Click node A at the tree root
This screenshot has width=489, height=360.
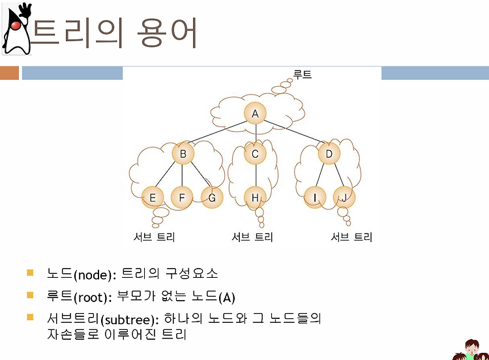pos(255,113)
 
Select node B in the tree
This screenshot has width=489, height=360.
pos(183,153)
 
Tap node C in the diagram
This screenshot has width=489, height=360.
pos(255,153)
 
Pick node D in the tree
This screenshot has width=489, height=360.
pos(329,153)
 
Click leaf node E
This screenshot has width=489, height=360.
pos(153,198)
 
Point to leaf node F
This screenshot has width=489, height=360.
pos(182,198)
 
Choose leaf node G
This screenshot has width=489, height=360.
pos(212,198)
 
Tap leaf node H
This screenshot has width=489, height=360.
pos(255,198)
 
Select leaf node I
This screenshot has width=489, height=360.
pos(315,198)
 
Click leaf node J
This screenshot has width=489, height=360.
pos(344,198)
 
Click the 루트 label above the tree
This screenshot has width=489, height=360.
pos(302,74)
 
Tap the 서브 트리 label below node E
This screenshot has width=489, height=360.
pos(154,237)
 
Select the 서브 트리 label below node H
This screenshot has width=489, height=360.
pos(252,237)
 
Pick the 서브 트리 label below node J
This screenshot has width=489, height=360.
pos(351,237)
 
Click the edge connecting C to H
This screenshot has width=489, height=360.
pos(256,175)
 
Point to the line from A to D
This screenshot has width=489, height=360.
pos(294,132)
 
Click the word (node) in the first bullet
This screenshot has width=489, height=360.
pos(93,275)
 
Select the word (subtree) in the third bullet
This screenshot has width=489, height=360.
pos(130,320)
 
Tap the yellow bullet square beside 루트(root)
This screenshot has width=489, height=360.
pos(30,295)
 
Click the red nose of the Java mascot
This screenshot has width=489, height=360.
pos(16,25)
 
